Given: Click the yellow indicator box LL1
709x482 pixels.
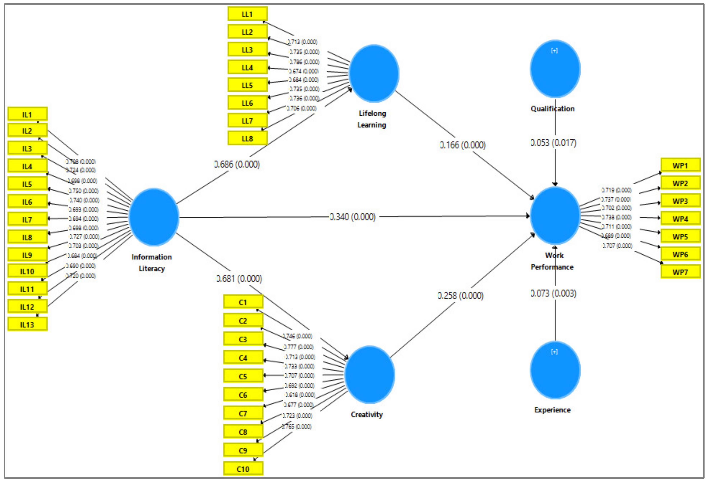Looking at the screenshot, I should [x=247, y=14].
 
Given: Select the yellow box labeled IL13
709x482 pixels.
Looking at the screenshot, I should [x=28, y=324].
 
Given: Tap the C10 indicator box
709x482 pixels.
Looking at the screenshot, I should [x=243, y=469].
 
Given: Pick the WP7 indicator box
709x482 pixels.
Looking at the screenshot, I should [x=680, y=272].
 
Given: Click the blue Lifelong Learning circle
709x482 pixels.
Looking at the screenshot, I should [x=374, y=74].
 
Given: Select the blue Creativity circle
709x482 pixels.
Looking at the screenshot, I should [x=370, y=375].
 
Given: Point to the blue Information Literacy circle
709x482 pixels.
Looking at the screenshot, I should [x=154, y=217].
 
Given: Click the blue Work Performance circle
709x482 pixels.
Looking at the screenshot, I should [x=555, y=216].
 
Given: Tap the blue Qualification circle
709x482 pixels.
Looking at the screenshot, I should [x=555, y=69].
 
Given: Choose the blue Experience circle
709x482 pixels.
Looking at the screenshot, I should [x=555, y=370].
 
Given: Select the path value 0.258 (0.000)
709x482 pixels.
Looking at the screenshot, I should [x=461, y=296].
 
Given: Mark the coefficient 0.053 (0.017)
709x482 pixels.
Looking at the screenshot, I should [x=553, y=143].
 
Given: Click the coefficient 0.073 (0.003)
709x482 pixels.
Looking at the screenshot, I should [x=553, y=293].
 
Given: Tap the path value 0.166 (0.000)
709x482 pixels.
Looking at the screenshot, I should [x=463, y=145].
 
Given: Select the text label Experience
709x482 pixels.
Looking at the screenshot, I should [x=552, y=410].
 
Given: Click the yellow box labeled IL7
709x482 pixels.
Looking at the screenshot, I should [x=28, y=219].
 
